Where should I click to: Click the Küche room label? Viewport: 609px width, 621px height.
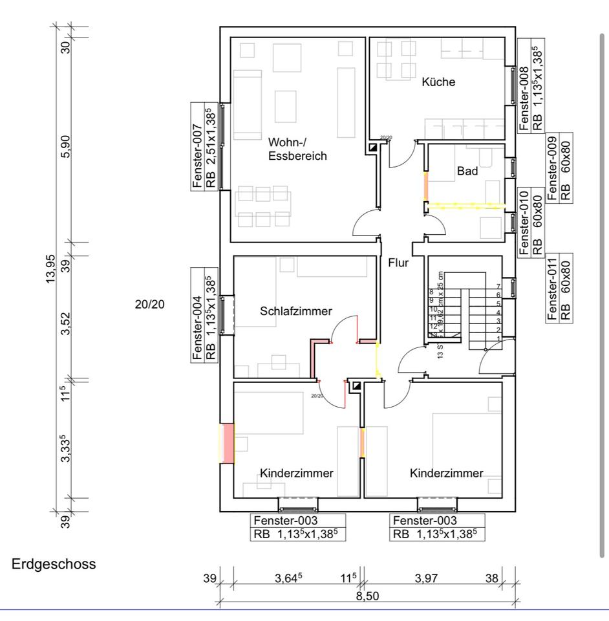[x=438, y=82]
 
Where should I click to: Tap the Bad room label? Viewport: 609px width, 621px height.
[x=467, y=171]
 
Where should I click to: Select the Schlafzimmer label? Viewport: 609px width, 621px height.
[x=296, y=311]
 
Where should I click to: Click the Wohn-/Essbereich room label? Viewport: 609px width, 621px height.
[x=298, y=148]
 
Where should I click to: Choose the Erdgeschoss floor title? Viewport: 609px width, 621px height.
[x=54, y=564]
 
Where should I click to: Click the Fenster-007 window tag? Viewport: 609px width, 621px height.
[x=198, y=145]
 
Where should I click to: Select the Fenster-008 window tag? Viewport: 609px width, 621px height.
[x=524, y=84]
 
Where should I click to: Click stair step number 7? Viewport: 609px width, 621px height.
[x=498, y=287]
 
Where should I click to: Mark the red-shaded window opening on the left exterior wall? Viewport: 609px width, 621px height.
[x=227, y=443]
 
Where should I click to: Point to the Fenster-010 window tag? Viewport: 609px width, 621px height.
[x=524, y=221]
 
